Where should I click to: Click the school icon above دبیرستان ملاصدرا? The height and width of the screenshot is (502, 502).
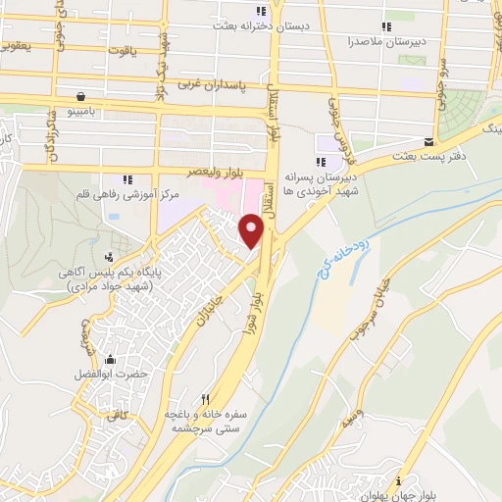tap(385, 26)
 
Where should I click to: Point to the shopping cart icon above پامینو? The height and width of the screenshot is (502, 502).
tap(79, 96)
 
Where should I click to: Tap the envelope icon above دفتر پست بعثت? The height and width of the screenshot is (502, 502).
tap(428, 141)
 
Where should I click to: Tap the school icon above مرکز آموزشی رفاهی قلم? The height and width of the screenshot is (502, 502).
tap(127, 178)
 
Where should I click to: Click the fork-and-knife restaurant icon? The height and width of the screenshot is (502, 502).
tap(205, 399)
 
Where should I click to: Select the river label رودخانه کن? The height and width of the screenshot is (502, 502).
tap(337, 244)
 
